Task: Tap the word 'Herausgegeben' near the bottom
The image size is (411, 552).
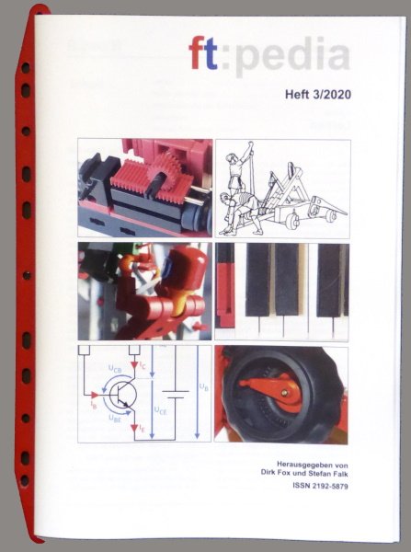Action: coord(280,464)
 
